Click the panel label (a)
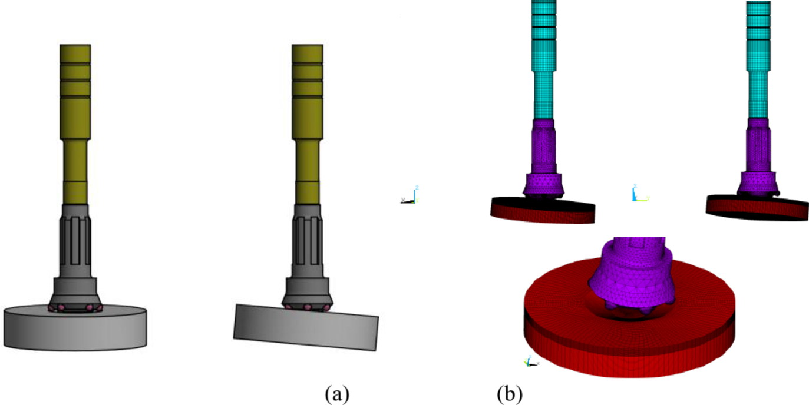(338, 393)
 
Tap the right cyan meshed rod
(758, 59)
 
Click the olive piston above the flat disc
(75, 118)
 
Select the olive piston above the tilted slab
(307, 118)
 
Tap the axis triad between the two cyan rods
(637, 194)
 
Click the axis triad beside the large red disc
(530, 362)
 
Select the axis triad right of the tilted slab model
(409, 196)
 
